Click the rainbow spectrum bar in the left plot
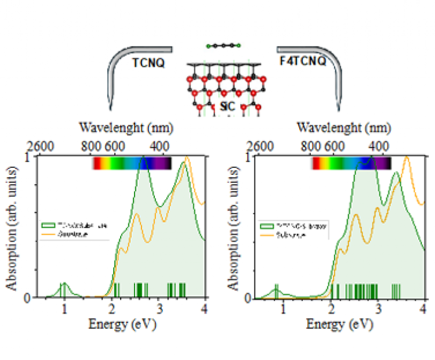click(132, 163)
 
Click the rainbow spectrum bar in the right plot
click(351, 163)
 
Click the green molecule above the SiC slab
click(224, 45)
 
